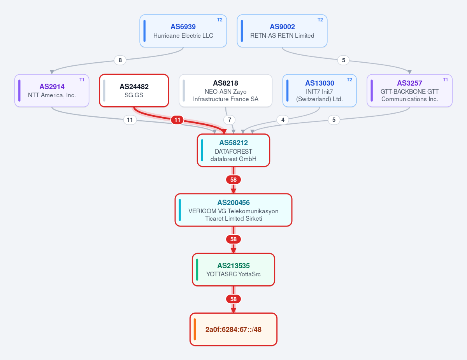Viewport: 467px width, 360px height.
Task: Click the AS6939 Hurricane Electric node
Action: point(183,31)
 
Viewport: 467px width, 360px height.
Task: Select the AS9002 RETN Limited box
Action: point(282,31)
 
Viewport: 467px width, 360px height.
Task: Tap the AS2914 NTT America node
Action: point(52,90)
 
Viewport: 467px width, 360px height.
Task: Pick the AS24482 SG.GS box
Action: point(134,90)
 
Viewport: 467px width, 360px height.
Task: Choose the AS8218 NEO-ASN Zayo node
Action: point(225,90)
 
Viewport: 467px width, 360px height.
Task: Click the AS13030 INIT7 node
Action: point(320,90)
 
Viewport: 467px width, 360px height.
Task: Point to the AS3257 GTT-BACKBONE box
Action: point(409,90)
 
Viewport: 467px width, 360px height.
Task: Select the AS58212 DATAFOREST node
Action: point(233,150)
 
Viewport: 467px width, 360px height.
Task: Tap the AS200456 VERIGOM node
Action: point(233,210)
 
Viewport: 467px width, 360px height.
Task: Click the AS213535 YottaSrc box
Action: point(233,270)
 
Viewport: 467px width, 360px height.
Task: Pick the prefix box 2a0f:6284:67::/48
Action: point(233,329)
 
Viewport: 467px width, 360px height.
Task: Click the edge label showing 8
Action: point(120,60)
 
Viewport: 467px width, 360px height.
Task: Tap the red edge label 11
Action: point(177,120)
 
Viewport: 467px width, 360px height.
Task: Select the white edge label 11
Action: point(130,120)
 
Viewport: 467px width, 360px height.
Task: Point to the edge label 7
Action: point(229,120)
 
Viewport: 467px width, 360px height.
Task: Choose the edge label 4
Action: point(283,120)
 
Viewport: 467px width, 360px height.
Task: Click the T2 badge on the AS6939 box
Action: point(219,20)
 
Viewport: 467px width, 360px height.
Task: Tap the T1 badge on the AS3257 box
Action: point(445,80)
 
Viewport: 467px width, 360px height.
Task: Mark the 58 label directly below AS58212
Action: point(233,180)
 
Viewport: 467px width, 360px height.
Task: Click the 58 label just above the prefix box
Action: point(233,299)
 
